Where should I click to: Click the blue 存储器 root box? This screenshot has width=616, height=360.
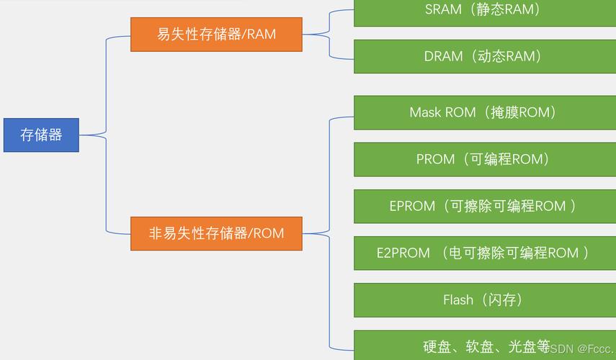(x=41, y=135)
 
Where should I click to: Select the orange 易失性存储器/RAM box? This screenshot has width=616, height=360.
(x=216, y=34)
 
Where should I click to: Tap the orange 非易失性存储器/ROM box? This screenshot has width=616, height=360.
(x=216, y=233)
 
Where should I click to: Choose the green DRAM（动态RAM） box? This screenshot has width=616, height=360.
(x=484, y=56)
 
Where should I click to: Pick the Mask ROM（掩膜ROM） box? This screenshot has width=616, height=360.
(x=484, y=112)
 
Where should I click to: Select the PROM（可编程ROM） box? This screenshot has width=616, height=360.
(x=484, y=159)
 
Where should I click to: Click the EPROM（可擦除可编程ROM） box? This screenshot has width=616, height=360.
(x=484, y=206)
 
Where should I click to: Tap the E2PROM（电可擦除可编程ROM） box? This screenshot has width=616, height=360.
(x=484, y=253)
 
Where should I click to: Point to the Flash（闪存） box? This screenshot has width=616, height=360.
(x=484, y=300)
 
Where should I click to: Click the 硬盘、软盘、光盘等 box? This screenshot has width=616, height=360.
(x=484, y=346)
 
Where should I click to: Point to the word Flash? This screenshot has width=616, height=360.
(x=458, y=300)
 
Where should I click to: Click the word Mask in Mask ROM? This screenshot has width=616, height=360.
(x=424, y=112)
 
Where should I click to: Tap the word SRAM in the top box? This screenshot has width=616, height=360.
(x=443, y=10)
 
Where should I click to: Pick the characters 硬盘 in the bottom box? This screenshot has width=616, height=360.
(x=437, y=347)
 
